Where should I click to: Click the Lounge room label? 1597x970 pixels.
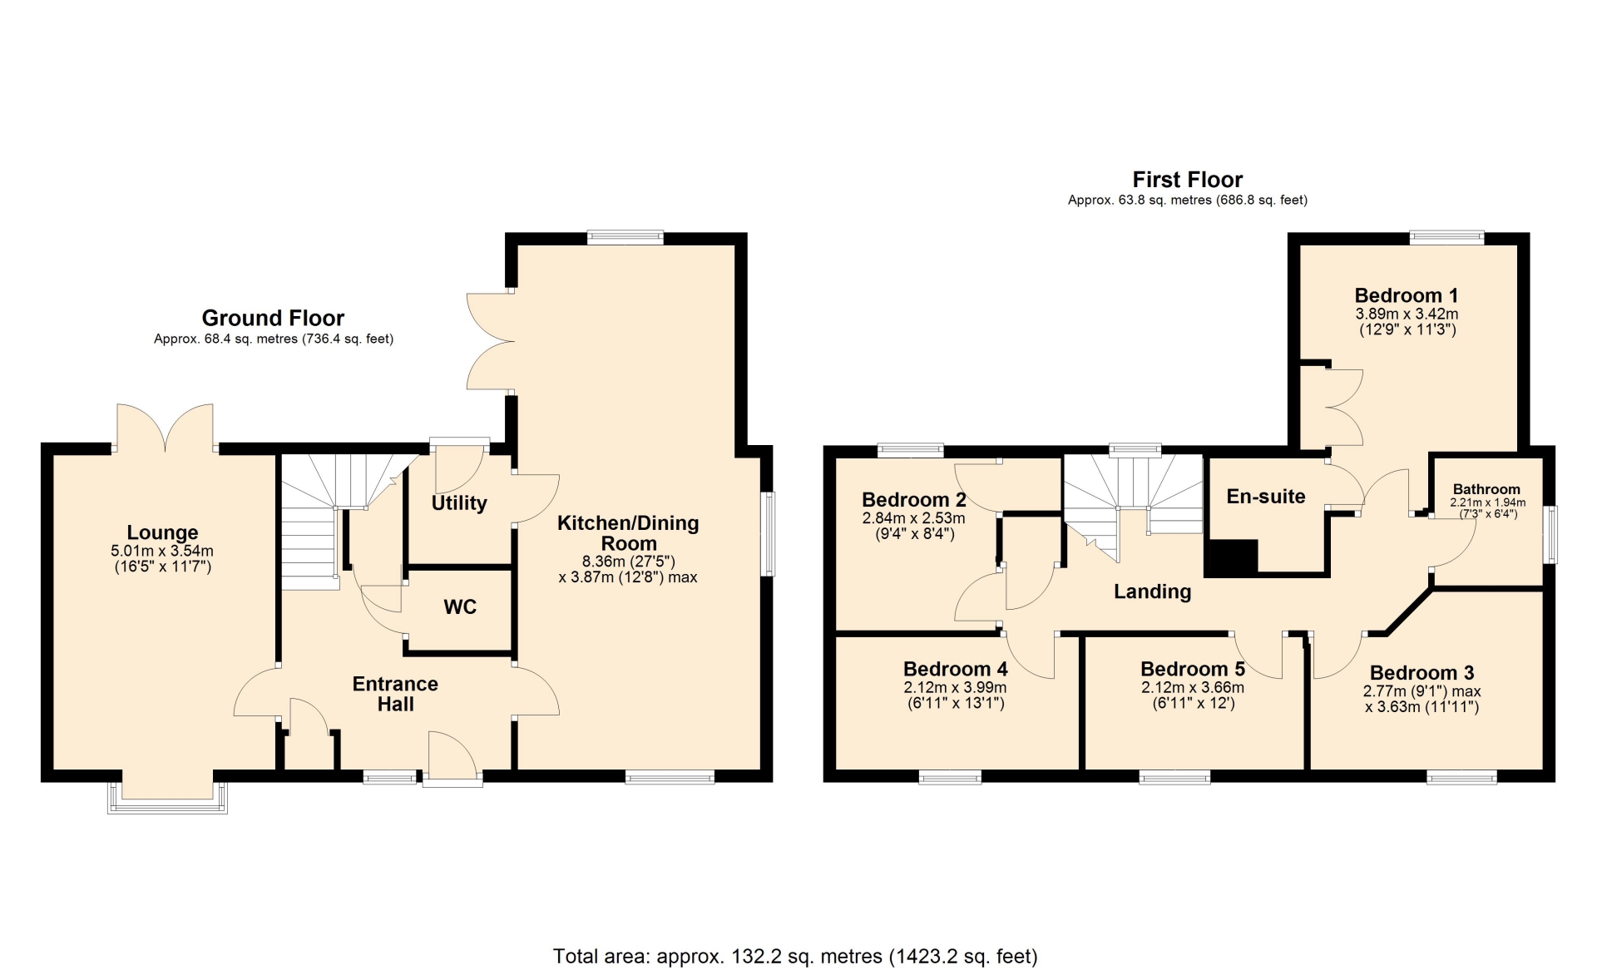pos(162,532)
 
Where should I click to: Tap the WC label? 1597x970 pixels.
pos(460,607)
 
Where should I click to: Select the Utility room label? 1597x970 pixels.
pos(459,503)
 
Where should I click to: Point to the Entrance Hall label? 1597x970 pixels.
pos(395,694)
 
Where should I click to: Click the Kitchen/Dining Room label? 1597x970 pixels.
pos(628,533)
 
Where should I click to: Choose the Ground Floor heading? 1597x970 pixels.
pos(273,318)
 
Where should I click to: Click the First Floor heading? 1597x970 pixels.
pos(1188,180)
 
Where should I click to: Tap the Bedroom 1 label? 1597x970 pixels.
pos(1407,295)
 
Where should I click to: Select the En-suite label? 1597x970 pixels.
pos(1266,497)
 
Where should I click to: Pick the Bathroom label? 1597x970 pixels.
pos(1486,489)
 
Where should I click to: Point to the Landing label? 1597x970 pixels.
pos(1153,591)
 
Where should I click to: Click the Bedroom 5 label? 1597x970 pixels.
pos(1193,669)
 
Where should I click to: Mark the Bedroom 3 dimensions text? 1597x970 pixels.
pos(1421,699)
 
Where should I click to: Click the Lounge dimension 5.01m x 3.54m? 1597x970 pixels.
pos(162,551)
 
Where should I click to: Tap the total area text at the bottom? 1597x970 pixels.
pos(795,957)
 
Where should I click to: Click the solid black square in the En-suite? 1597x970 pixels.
pos(1231,558)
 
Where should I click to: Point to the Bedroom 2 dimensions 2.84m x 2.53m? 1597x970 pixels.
pos(913,518)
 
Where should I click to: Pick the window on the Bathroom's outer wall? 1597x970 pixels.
pos(1552,535)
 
